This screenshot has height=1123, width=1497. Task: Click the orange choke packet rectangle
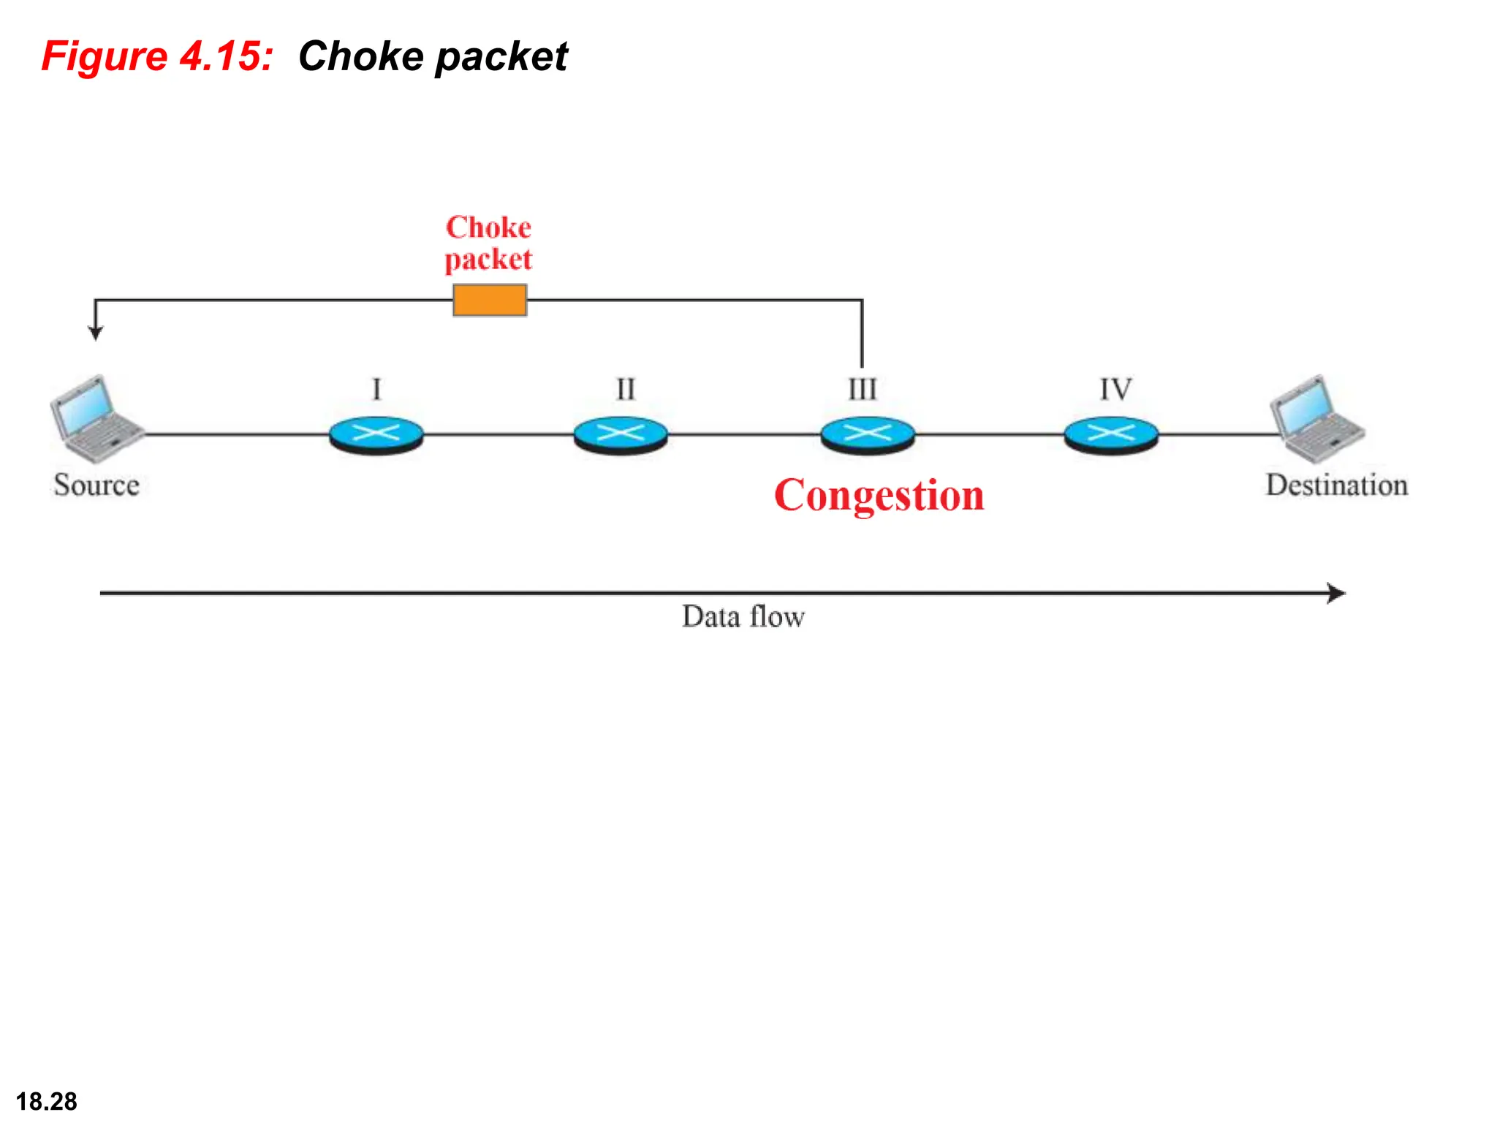click(x=490, y=300)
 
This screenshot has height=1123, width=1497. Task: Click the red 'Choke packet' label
click(x=488, y=243)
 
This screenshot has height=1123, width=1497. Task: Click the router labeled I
click(x=376, y=435)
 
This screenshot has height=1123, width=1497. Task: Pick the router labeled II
click(x=621, y=435)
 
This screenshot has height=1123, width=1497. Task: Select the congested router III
click(x=868, y=435)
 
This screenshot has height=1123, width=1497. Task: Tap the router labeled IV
click(x=1111, y=435)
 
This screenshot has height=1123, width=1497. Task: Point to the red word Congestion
click(x=879, y=496)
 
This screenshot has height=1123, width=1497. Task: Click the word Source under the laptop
click(x=96, y=485)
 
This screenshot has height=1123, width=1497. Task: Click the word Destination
click(x=1337, y=485)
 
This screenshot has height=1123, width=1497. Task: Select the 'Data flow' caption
click(x=743, y=617)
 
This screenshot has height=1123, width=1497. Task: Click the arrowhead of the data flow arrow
click(x=1338, y=593)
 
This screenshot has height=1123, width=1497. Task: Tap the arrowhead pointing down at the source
click(x=96, y=333)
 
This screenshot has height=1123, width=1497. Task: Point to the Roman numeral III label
click(x=863, y=389)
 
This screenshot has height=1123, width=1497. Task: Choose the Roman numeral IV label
click(x=1115, y=389)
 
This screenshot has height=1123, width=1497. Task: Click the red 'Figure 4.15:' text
click(x=157, y=56)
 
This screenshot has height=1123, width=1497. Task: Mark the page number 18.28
click(x=46, y=1101)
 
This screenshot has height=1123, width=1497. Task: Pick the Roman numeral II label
click(x=626, y=389)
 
